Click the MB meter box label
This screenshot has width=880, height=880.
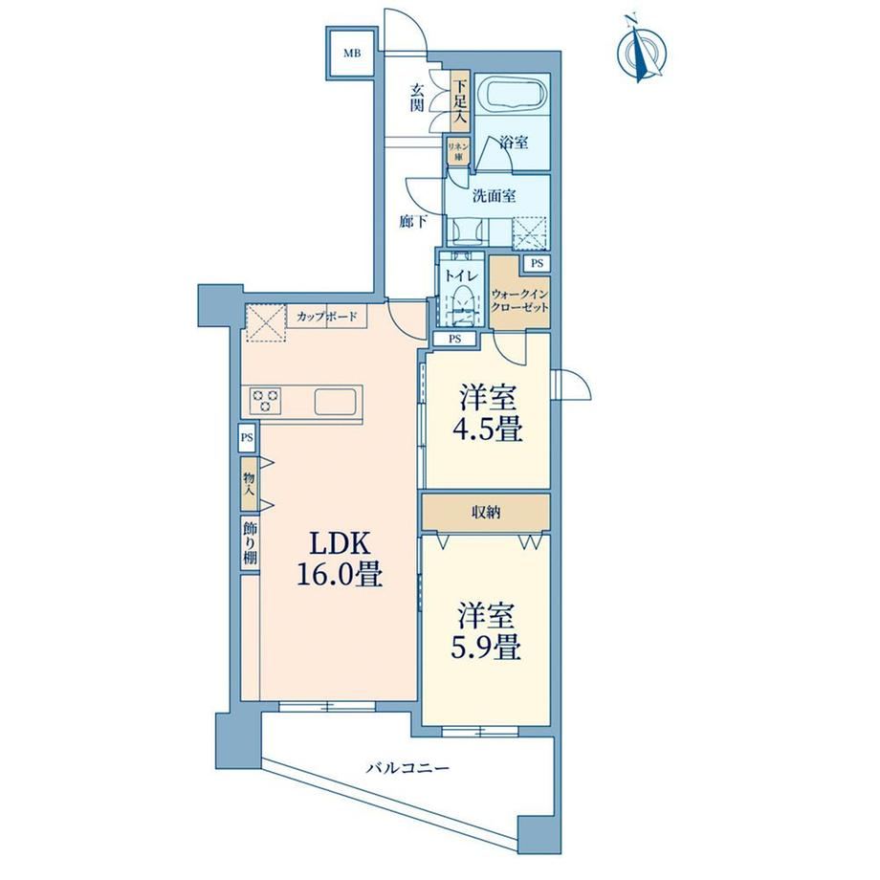[x=352, y=54]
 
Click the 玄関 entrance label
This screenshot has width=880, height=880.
[x=416, y=98]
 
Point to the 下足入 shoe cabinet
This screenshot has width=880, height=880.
[x=460, y=101]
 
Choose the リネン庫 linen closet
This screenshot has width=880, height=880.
[x=454, y=150]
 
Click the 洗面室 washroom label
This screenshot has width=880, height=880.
[x=494, y=196]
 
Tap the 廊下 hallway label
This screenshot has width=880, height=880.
[x=413, y=222]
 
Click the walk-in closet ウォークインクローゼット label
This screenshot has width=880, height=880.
[x=519, y=300]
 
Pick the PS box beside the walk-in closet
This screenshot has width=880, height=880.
[x=538, y=263]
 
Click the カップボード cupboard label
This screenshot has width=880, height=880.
[x=327, y=317]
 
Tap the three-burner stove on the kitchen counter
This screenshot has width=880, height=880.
[x=266, y=401]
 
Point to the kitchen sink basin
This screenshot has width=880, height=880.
[x=335, y=401]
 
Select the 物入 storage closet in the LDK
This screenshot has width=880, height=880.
[x=250, y=484]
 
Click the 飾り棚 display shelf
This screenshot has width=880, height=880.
[x=250, y=543]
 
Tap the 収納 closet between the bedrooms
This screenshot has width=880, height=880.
[x=486, y=512]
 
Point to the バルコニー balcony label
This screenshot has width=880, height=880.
[x=408, y=767]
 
